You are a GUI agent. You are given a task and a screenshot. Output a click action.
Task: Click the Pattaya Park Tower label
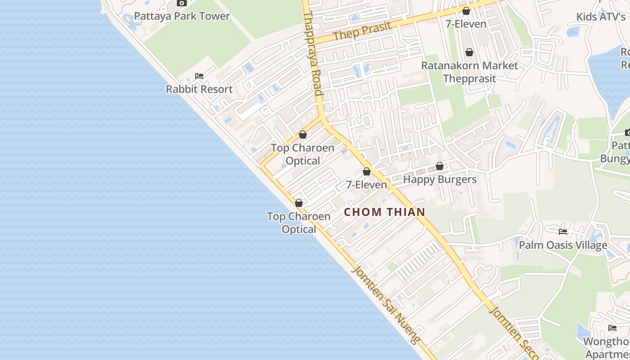pos(182,16)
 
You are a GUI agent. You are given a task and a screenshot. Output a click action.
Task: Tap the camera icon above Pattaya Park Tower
pos(182,3)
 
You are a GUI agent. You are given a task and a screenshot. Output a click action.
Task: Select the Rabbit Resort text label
pos(199,89)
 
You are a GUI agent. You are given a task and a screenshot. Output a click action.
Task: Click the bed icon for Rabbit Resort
pos(199,76)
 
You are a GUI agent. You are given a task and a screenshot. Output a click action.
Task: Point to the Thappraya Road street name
pos(314,54)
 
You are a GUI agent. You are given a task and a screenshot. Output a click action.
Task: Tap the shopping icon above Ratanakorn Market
pos(469,53)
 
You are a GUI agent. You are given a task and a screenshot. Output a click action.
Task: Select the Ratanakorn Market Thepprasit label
pos(469,72)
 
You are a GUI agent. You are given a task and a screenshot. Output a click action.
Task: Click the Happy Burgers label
pos(439,180)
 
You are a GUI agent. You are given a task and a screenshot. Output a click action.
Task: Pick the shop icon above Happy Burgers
pos(440,166)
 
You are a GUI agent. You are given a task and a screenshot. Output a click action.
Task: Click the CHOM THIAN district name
pos(385,212)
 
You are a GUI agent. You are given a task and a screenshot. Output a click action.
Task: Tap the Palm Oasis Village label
pos(563,245)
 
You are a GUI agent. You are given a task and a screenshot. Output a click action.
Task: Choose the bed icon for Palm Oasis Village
pos(563,232)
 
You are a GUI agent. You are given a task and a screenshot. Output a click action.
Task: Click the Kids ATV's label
pos(601,17)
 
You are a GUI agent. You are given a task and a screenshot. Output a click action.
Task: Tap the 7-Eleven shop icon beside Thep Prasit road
pos(466,11)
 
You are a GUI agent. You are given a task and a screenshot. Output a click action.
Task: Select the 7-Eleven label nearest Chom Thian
pos(366,184)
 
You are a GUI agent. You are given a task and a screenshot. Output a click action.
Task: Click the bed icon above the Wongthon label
pos(612,328)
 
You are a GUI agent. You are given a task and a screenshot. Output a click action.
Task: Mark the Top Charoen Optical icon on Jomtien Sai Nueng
pos(299,203)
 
